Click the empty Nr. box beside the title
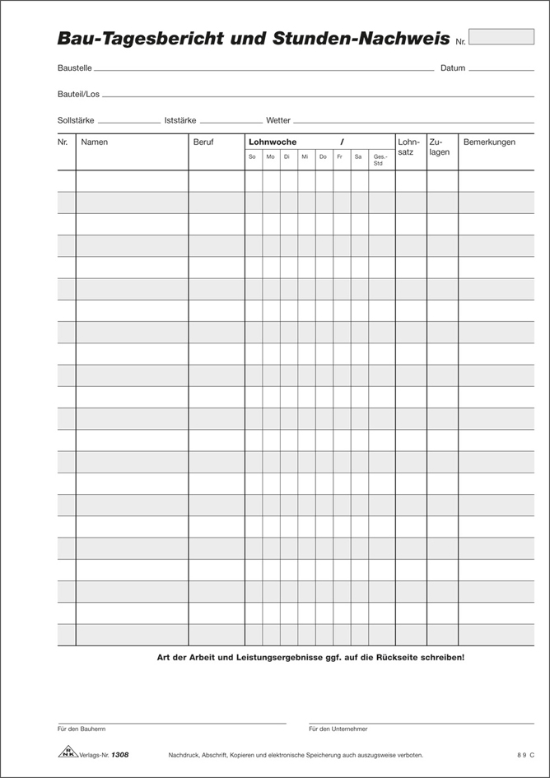tap(501, 36)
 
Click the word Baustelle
tap(75, 68)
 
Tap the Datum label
tap(452, 68)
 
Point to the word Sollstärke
tap(77, 120)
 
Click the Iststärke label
tap(180, 120)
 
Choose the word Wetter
tap(278, 120)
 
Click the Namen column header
tap(95, 142)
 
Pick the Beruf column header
tap(203, 142)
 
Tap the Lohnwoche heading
tap(273, 142)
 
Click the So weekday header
tap(252, 156)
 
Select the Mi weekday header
tap(305, 156)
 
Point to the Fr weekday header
tap(339, 156)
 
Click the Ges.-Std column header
tap(380, 160)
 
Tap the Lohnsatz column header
tap(408, 147)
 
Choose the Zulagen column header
tap(440, 147)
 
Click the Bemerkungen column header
tap(489, 142)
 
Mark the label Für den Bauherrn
tap(82, 729)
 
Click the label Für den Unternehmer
tap(338, 729)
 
